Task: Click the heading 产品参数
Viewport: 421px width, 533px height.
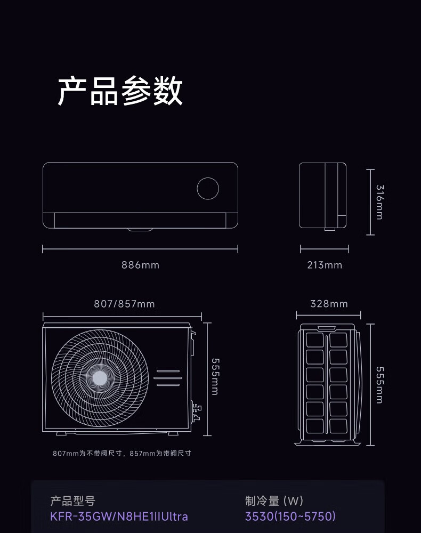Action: tap(120, 91)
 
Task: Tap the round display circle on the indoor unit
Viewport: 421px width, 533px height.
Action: tap(208, 189)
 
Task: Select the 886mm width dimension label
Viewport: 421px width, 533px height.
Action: tap(140, 265)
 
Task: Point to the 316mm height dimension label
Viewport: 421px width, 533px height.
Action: tap(379, 202)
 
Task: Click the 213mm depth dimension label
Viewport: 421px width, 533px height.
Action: tap(325, 265)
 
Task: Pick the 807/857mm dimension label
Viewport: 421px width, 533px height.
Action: tap(124, 304)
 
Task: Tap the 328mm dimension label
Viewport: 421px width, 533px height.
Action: tap(329, 304)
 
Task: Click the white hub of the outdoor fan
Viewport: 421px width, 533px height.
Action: tap(100, 378)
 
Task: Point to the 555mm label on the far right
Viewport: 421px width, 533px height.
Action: tap(379, 385)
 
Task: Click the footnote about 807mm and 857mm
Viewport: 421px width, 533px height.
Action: tap(122, 454)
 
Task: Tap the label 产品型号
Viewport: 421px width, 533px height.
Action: tap(72, 501)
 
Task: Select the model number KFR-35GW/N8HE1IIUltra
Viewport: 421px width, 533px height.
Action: tap(119, 516)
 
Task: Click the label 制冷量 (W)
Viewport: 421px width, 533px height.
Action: tap(274, 501)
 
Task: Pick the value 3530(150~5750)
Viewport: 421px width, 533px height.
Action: tap(290, 516)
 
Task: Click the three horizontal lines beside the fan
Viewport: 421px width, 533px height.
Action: tap(168, 377)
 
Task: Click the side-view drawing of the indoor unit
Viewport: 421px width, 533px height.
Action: tap(322, 196)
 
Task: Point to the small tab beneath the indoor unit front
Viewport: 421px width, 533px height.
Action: tap(140, 230)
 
